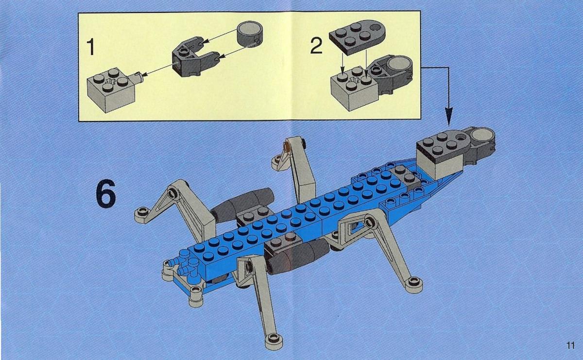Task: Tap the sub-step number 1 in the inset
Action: click(x=90, y=47)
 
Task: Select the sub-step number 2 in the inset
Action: click(x=316, y=46)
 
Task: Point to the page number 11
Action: click(x=570, y=346)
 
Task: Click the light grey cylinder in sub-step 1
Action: click(x=250, y=34)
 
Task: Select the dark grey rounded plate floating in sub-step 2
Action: click(x=358, y=37)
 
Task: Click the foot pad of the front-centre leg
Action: click(x=274, y=342)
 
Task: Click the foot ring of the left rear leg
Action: click(x=142, y=213)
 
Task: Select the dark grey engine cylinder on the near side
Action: click(x=298, y=256)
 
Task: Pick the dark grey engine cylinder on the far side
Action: click(x=241, y=205)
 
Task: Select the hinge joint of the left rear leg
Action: click(x=172, y=193)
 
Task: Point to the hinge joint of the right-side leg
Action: click(x=369, y=222)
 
